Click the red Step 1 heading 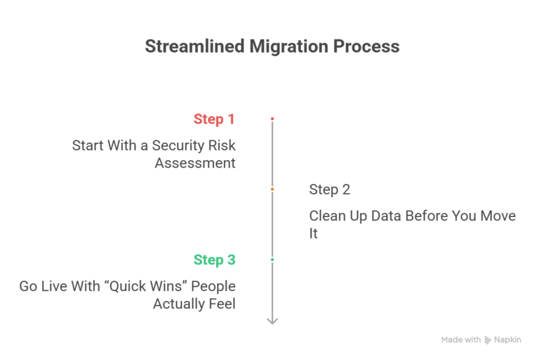(214, 119)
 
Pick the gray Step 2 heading (329, 189)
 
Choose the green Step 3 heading (214, 260)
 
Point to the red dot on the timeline (272, 119)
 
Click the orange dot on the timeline (272, 189)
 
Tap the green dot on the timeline (272, 260)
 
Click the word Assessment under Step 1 (195, 164)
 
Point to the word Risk (220, 146)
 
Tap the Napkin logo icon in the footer (488, 340)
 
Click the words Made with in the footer (461, 340)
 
